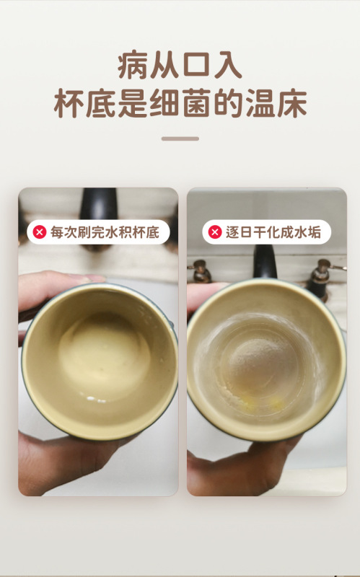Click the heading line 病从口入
coord(180,65)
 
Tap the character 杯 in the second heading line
coord(69,103)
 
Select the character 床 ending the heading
coord(292,103)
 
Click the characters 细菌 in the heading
coord(180,103)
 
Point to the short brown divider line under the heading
coord(180,138)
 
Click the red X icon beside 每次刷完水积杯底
coord(40,232)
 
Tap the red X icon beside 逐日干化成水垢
coord(215,232)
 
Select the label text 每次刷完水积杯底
coord(105,232)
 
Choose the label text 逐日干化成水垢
coord(273,232)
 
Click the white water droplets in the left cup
coord(95,399)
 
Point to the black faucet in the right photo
coord(264,261)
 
